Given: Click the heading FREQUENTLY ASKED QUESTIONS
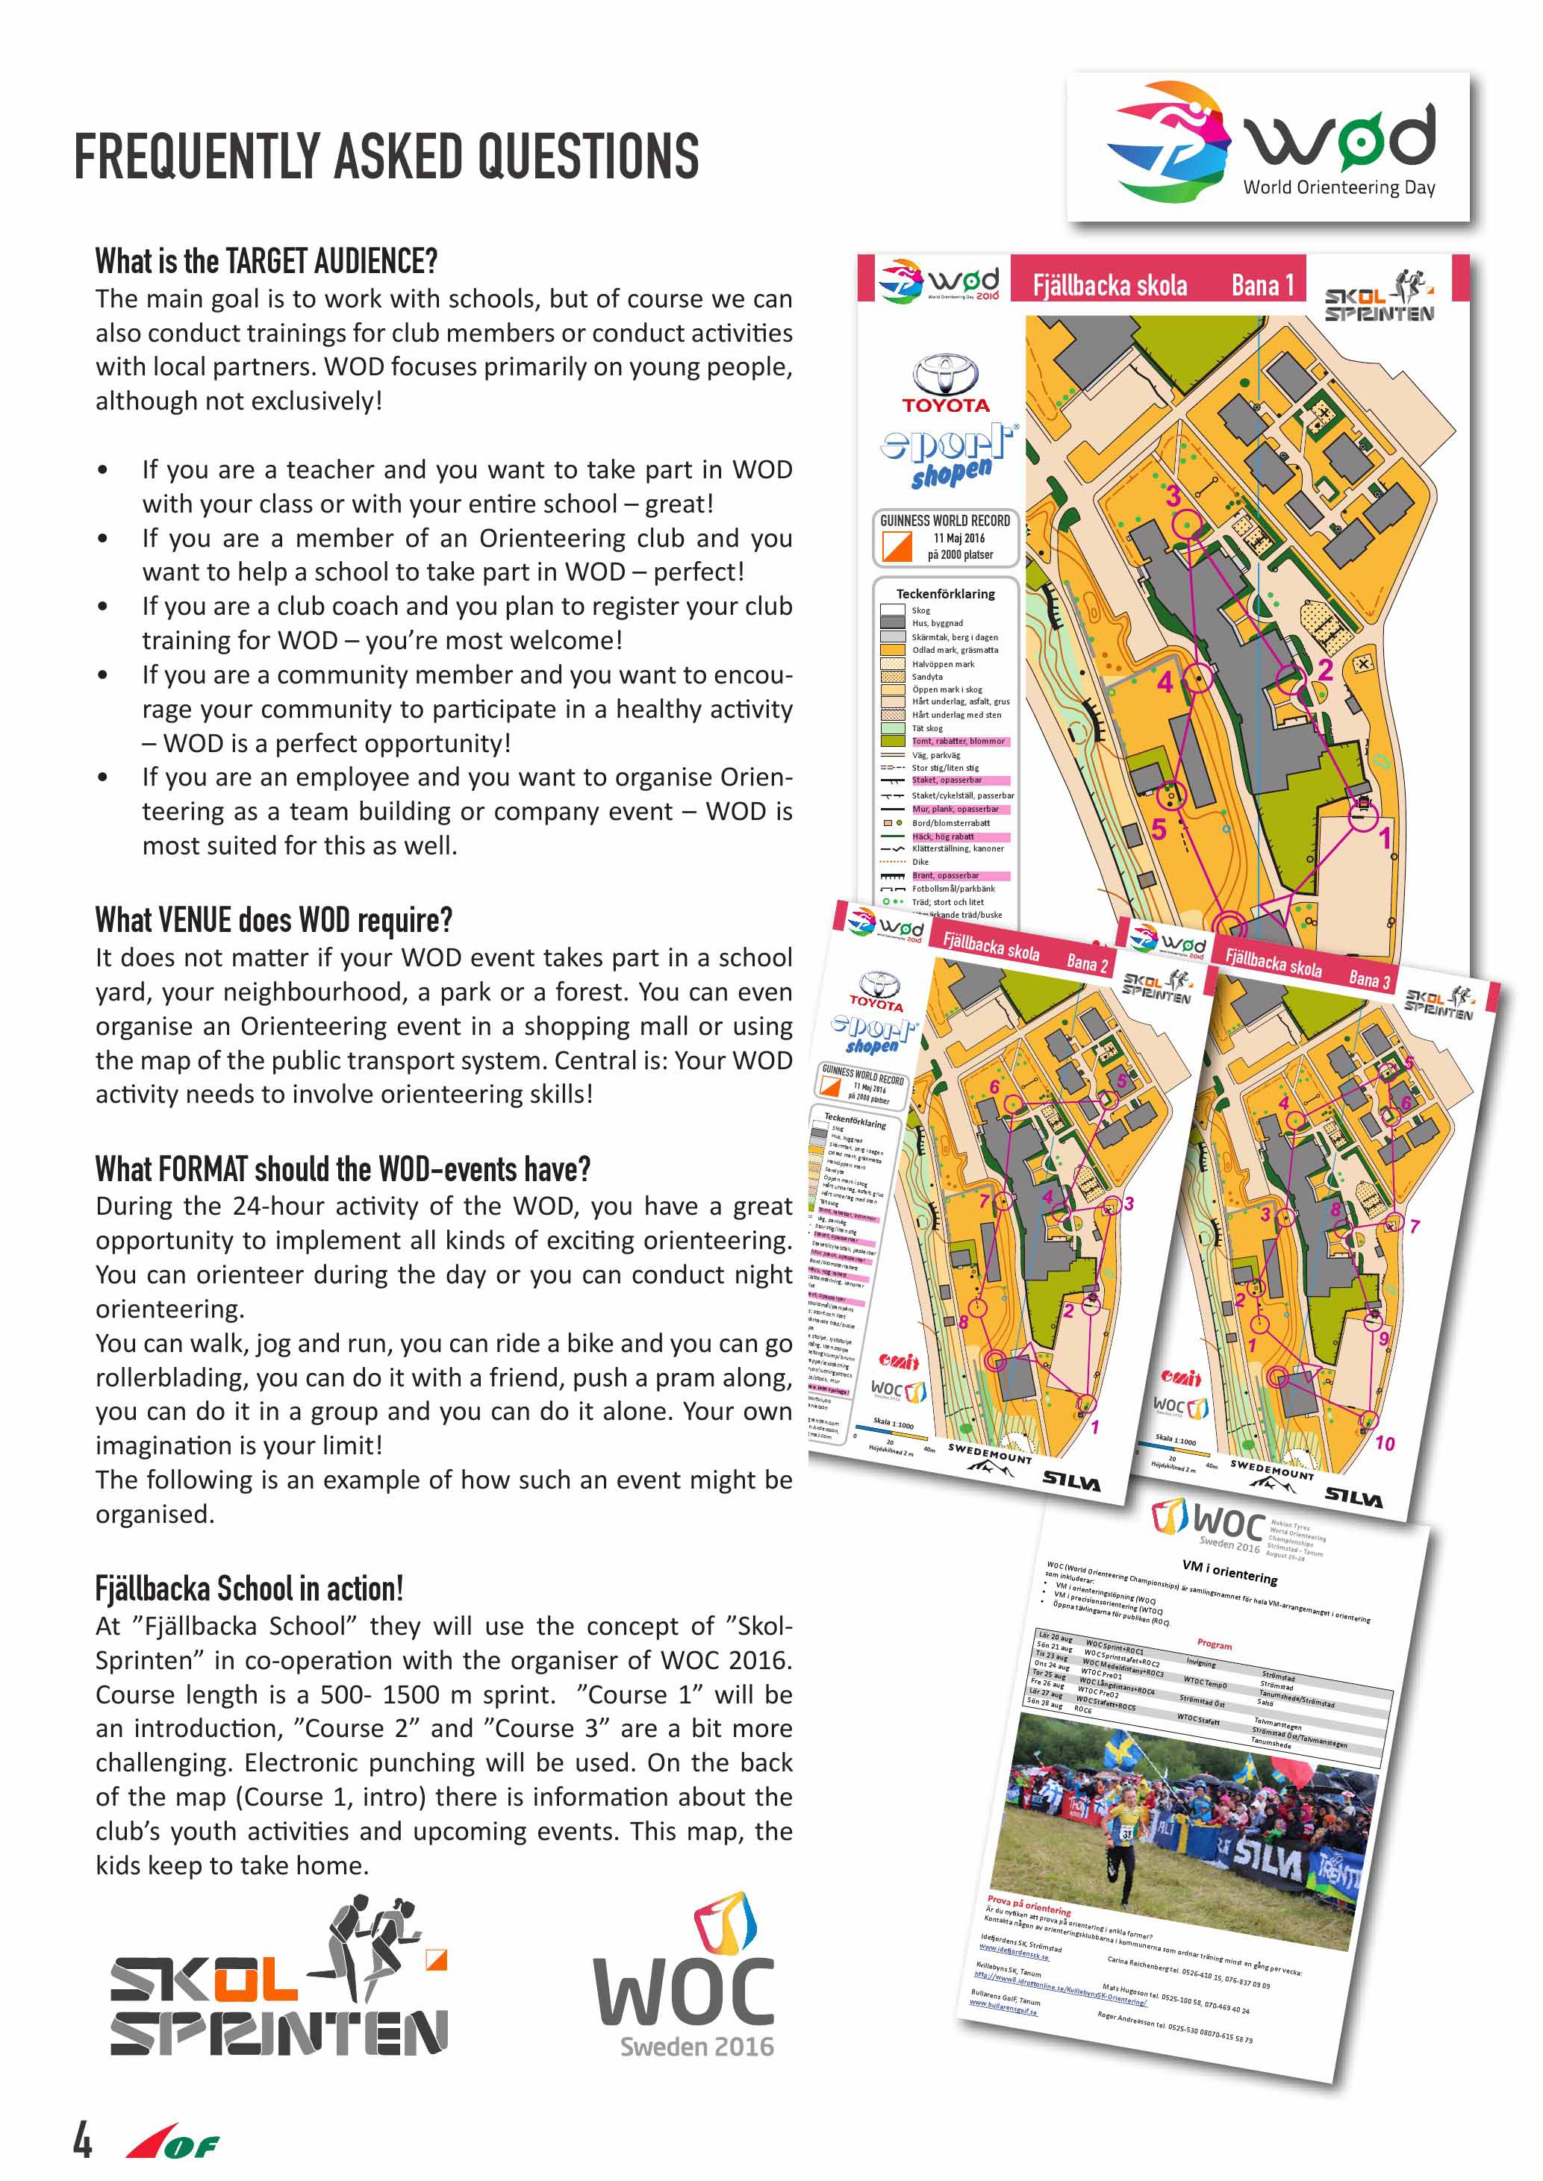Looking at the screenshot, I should [x=386, y=157].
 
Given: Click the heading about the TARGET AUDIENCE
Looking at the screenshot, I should [x=266, y=260].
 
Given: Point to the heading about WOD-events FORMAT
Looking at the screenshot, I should [x=343, y=1168].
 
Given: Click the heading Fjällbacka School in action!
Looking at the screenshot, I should [x=249, y=1589].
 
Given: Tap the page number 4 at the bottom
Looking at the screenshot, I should [x=84, y=2139].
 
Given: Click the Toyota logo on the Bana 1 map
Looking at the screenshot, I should [x=944, y=383].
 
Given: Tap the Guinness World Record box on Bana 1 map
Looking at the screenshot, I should [x=945, y=538].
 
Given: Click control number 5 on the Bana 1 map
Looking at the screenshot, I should [x=1159, y=829].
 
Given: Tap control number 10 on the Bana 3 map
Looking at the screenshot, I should [x=1384, y=1443].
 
